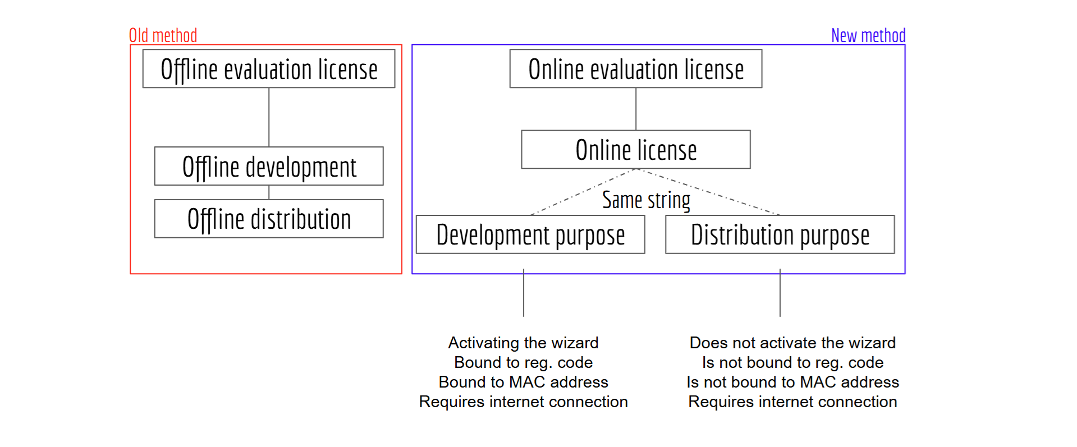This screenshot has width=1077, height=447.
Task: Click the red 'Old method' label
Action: click(x=163, y=35)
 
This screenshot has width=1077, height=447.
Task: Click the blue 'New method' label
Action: click(x=868, y=35)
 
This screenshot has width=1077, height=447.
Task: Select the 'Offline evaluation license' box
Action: click(x=269, y=68)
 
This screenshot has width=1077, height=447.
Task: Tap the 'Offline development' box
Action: click(x=269, y=166)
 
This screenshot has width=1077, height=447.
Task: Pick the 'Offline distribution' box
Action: click(x=269, y=219)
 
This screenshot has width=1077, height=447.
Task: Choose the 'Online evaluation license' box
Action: click(x=636, y=68)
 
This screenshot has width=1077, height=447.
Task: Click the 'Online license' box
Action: click(x=636, y=150)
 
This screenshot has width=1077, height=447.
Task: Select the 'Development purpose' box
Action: click(x=530, y=234)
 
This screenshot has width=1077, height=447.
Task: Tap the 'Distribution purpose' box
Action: click(x=780, y=234)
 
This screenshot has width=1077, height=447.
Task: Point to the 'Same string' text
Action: click(x=646, y=200)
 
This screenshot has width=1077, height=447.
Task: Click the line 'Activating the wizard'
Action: click(x=524, y=343)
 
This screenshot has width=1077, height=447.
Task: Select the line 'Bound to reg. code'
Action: click(x=524, y=362)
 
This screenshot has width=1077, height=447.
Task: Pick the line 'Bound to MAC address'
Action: click(x=524, y=382)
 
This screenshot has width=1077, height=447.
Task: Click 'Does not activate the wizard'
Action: click(x=792, y=343)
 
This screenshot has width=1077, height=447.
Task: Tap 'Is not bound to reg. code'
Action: click(x=792, y=362)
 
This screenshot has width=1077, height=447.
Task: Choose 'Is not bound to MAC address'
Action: click(x=792, y=382)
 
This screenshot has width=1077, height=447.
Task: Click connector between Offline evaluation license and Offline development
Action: click(x=269, y=117)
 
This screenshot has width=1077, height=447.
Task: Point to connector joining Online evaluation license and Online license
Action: click(x=636, y=109)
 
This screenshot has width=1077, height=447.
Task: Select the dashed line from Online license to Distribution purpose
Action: click(x=708, y=192)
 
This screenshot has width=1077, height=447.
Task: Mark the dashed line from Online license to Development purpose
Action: click(x=583, y=192)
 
